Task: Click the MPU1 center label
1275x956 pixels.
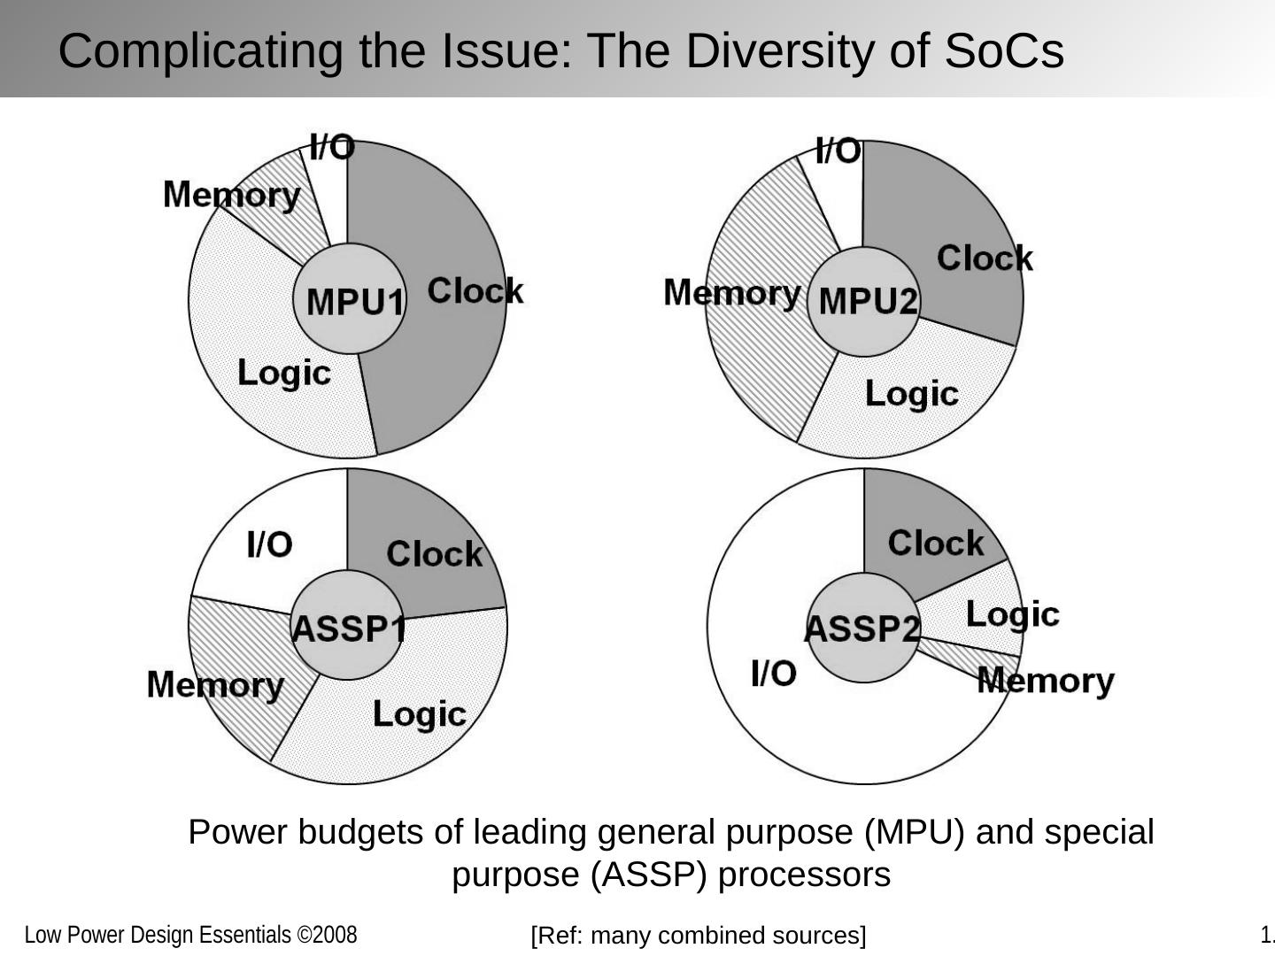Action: pyautogui.click(x=354, y=302)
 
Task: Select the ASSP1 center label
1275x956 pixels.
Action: pyautogui.click(x=349, y=628)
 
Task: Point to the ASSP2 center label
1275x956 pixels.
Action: pyautogui.click(x=862, y=628)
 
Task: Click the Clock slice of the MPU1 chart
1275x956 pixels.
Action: pyautogui.click(x=452, y=354)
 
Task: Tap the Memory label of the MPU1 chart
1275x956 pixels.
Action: pyautogui.click(x=232, y=195)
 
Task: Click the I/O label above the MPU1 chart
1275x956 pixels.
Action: pyautogui.click(x=332, y=147)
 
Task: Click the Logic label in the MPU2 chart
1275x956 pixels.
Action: pyautogui.click(x=911, y=393)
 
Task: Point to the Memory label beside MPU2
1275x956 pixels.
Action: pyautogui.click(x=731, y=292)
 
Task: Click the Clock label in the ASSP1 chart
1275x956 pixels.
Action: pyautogui.click(x=434, y=554)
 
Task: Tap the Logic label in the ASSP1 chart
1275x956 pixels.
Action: pyautogui.click(x=419, y=713)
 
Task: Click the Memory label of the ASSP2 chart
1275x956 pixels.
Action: pyautogui.click(x=1046, y=681)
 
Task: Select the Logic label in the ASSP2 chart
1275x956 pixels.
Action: pyautogui.click(x=1012, y=613)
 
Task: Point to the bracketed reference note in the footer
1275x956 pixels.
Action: pyautogui.click(x=699, y=935)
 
